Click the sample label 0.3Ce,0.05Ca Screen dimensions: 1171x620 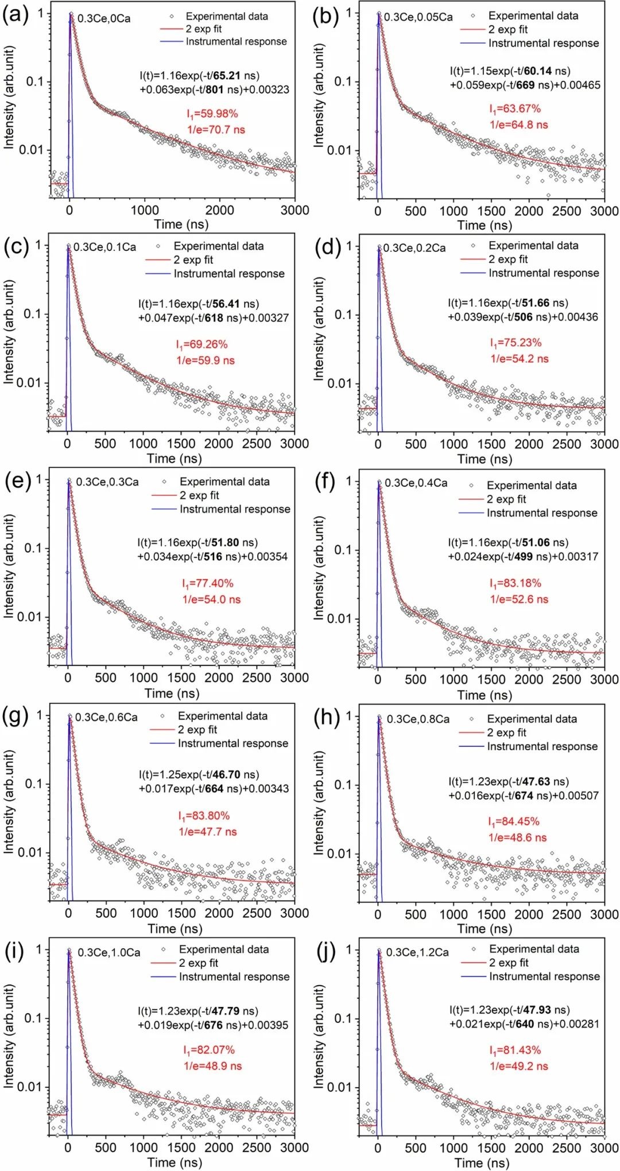tap(418, 17)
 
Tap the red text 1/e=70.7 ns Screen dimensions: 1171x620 tap(216, 130)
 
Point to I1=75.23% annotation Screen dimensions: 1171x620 tap(516, 343)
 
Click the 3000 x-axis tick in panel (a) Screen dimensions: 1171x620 tap(294, 210)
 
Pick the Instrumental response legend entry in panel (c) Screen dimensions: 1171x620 tap(228, 274)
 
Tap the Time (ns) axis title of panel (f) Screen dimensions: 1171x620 tap(485, 695)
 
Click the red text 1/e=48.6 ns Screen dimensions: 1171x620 tap(517, 837)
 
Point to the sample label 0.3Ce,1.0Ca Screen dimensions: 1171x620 tap(109, 952)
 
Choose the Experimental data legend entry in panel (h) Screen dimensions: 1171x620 tap(532, 719)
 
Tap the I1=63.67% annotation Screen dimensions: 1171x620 tap(515, 108)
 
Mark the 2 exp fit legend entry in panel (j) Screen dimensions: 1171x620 tap(509, 963)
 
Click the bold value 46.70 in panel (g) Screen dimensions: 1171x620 tap(226, 775)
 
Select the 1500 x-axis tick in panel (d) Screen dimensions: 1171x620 tap(491, 444)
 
